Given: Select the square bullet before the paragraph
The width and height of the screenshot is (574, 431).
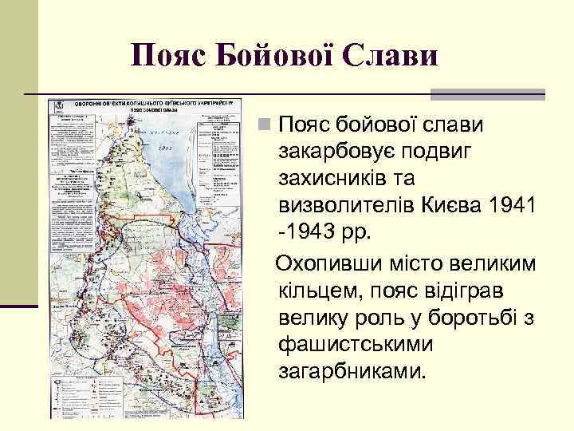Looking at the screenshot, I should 264,125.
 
